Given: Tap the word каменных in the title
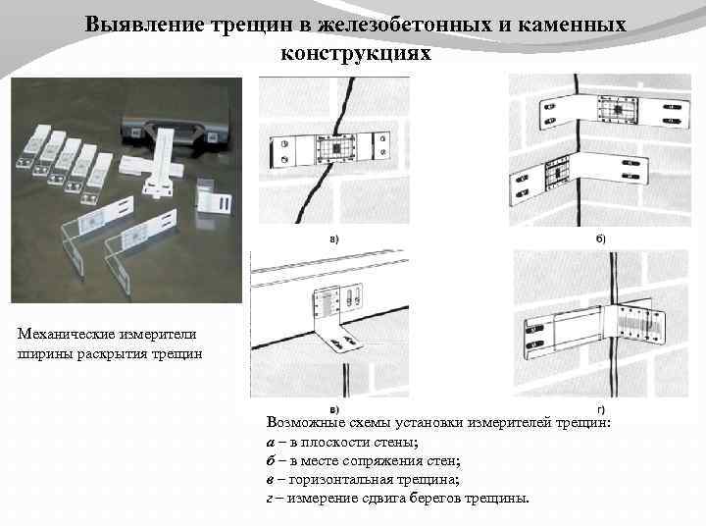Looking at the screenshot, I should [x=576, y=24].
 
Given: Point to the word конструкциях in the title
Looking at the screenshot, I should [x=356, y=52].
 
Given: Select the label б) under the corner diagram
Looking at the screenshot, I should [x=600, y=238].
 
